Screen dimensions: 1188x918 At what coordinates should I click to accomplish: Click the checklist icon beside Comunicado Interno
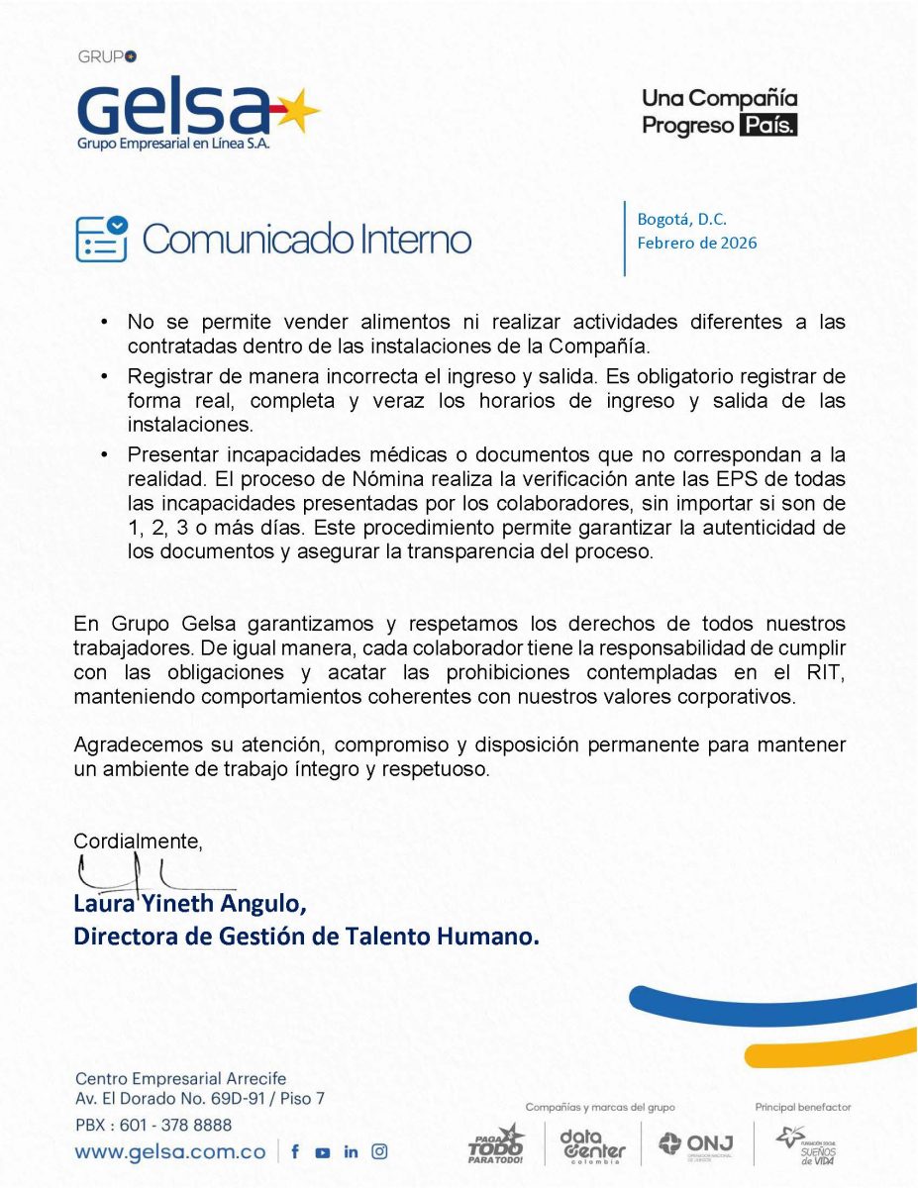point(102,239)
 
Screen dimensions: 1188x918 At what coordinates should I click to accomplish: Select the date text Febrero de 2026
point(696,243)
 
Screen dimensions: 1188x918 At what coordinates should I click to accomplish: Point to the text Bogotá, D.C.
point(681,219)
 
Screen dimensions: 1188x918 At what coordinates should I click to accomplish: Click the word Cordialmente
point(138,841)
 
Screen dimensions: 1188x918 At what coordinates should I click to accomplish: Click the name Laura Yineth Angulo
point(190,905)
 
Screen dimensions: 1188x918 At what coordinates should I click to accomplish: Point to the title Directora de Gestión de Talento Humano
point(307,937)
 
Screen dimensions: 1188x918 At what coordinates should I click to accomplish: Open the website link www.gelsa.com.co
point(170,1151)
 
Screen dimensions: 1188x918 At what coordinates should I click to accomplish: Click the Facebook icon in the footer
point(295,1151)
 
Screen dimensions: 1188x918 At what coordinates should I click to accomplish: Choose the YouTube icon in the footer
point(323,1151)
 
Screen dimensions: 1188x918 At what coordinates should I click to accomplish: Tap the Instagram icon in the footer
point(379,1151)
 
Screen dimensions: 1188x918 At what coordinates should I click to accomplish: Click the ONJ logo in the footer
point(696,1143)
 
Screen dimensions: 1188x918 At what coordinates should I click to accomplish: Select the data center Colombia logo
point(593,1145)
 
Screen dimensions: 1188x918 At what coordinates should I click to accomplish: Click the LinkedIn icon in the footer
point(351,1151)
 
